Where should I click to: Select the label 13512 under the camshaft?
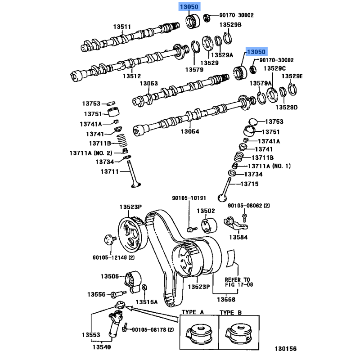(132, 76)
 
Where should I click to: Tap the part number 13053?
(148, 84)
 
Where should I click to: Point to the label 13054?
(190, 132)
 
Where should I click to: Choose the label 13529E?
(292, 76)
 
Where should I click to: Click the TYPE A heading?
(193, 311)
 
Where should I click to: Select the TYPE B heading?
(231, 311)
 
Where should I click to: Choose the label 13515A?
(147, 301)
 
